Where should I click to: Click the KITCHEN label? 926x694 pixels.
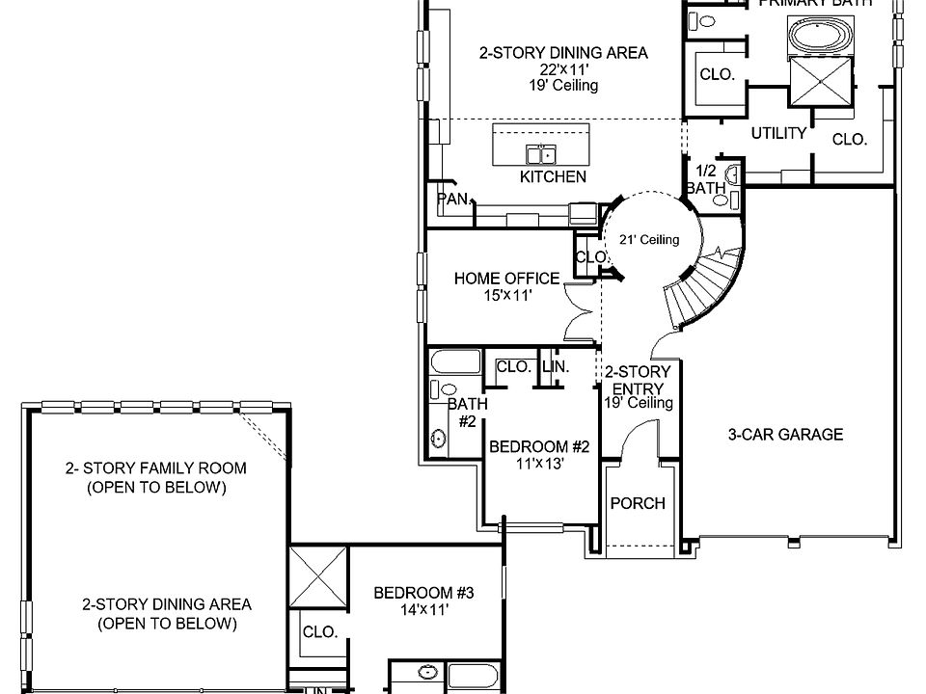[x=553, y=176]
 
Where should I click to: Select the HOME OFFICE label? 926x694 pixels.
[x=506, y=279]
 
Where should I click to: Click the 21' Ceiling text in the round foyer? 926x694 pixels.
[x=649, y=240]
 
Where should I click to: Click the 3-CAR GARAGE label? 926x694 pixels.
[x=784, y=434]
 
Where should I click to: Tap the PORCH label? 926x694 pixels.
[x=638, y=503]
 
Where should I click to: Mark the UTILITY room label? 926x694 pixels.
[x=778, y=133]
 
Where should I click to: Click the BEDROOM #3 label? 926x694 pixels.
[x=424, y=592]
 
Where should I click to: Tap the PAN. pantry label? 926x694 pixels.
[x=453, y=200]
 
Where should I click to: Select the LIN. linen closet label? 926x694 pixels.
[x=555, y=367]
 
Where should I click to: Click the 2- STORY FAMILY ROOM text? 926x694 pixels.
[x=155, y=468]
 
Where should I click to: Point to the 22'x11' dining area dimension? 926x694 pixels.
[x=563, y=69]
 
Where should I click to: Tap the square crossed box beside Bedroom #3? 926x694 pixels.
[x=317, y=575]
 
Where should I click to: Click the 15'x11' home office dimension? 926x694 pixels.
[x=508, y=296]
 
